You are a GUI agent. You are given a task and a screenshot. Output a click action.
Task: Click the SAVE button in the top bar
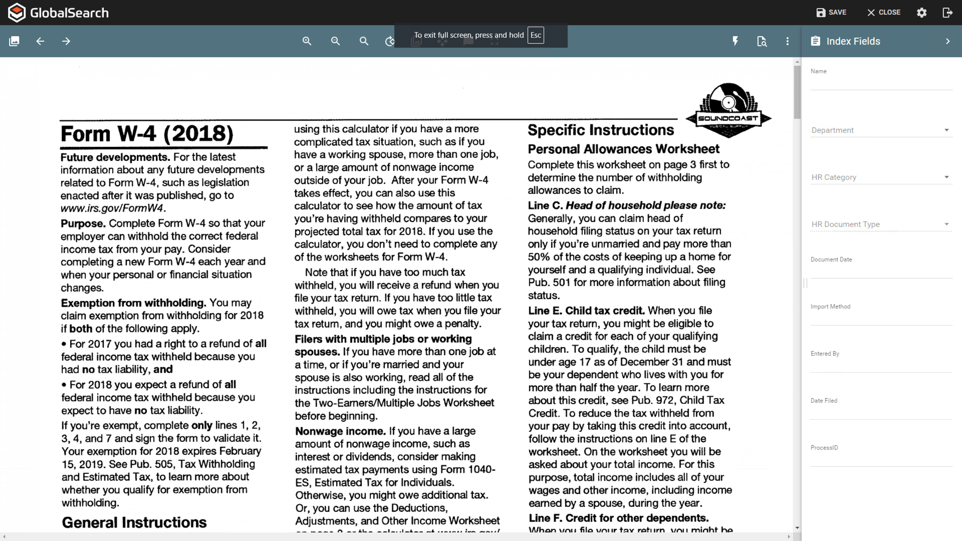[831, 13]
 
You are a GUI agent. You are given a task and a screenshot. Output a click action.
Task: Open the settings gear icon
[921, 13]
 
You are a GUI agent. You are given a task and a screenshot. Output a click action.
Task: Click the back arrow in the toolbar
[40, 41]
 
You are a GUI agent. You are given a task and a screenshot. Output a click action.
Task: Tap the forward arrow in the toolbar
[66, 41]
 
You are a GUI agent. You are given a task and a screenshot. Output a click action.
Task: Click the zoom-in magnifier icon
[307, 41]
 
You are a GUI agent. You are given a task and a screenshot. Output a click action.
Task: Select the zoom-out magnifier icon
[336, 41]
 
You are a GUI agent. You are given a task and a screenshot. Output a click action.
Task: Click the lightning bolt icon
[735, 41]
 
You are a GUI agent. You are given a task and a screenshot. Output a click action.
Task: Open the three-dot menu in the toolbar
[787, 41]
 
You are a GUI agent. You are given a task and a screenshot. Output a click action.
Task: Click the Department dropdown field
[881, 130]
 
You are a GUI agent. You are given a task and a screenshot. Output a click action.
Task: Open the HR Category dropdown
[881, 177]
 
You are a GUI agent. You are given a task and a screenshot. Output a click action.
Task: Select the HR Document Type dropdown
[881, 224]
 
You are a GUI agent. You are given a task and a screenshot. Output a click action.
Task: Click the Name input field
[881, 83]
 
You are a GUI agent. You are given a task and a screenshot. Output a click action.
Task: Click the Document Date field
[881, 270]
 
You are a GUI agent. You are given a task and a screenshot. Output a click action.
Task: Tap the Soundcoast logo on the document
[729, 110]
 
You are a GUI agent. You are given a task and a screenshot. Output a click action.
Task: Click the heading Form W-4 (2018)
[147, 134]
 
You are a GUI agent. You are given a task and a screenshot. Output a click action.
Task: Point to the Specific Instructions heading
[601, 130]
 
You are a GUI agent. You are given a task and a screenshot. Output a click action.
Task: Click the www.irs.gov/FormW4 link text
[112, 208]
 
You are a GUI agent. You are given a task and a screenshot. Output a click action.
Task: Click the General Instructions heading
[134, 522]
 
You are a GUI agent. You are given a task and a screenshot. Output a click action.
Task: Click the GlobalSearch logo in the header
[59, 13]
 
